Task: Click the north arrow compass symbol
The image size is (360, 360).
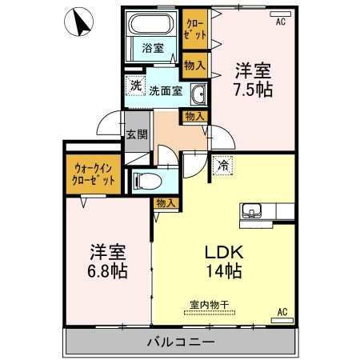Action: pos(78,22)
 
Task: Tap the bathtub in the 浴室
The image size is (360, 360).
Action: pos(151,24)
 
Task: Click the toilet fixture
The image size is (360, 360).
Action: pos(147,182)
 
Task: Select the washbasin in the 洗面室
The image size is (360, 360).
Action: pos(198,94)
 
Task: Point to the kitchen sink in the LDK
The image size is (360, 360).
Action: pos(251,211)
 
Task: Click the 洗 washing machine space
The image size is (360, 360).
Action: pos(135,86)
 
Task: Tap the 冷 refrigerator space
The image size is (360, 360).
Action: pos(222,166)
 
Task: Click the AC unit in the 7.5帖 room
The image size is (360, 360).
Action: pos(280,14)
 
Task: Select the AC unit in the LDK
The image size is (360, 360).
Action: pos(282,320)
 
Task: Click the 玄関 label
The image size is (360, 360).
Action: pos(137,134)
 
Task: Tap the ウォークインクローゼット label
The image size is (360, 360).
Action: pos(94,174)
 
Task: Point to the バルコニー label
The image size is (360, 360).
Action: pos(181,342)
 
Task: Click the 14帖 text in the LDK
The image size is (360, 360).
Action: pos(224,271)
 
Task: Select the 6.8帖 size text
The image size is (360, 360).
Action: pos(107,271)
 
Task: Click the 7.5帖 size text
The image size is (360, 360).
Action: pos(253,90)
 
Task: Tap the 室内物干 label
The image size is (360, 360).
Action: pos(210,305)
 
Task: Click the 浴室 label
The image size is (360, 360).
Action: pos(153,48)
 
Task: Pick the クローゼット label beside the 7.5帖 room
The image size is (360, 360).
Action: pos(196,30)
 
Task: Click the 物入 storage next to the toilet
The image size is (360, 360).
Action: pos(166,204)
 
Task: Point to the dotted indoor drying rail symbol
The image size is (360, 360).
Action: pos(210,313)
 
